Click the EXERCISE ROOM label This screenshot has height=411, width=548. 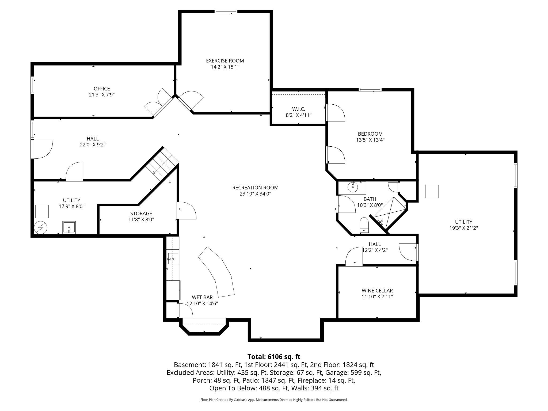(x=225, y=61)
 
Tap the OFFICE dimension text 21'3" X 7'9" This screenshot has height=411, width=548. (x=102, y=95)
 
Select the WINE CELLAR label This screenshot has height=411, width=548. (x=377, y=290)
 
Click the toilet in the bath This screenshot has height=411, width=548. (x=364, y=226)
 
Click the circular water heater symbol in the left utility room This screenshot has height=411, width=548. (x=41, y=228)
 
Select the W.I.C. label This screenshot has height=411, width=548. (x=298, y=109)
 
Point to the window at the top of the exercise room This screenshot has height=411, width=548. (x=226, y=11)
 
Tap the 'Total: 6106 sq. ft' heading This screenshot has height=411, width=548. (x=274, y=357)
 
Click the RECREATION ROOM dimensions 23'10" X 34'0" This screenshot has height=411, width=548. (x=255, y=194)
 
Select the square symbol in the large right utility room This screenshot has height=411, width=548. (x=432, y=191)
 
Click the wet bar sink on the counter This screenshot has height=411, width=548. (x=173, y=258)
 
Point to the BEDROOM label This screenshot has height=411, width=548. (x=370, y=134)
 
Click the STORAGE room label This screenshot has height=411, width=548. (x=141, y=213)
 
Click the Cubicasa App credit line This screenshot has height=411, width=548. (x=274, y=400)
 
